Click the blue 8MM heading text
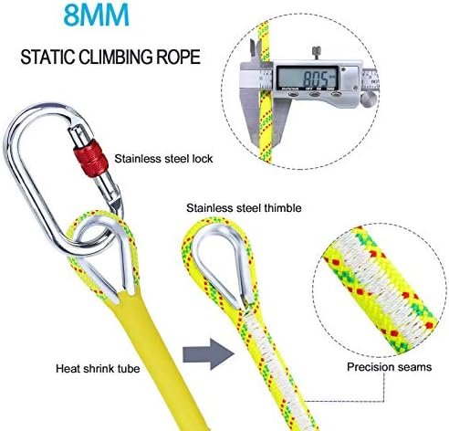pos(97,15)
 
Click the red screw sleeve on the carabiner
pos(91,158)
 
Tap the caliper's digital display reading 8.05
pos(308,78)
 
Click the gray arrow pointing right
pos(208,354)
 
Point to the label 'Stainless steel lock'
pos(163,159)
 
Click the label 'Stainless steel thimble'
pos(244,208)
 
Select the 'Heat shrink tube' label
pos(98,369)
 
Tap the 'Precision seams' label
pos(390,367)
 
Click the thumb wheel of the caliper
pos(369,100)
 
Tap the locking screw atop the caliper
pos(318,53)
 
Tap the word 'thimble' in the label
pos(283,208)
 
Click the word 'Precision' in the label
pos(371,367)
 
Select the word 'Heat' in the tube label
pos(68,369)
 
